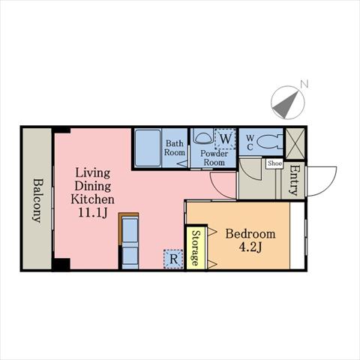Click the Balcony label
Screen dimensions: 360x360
coord(37,200)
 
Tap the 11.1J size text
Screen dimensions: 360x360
coord(93,213)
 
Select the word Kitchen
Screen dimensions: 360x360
coord(92,199)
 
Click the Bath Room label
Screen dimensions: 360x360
coord(175,148)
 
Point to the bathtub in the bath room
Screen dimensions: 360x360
coord(148,148)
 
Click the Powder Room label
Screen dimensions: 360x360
coord(214,157)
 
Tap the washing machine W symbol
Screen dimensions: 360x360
coord(225,139)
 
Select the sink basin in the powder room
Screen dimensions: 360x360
coord(202,137)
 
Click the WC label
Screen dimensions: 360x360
coord(250,142)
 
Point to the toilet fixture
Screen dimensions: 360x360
coord(269,142)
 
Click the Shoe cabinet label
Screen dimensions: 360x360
coord(274,163)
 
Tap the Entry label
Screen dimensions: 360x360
coord(294,180)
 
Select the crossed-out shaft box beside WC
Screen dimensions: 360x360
coord(295,143)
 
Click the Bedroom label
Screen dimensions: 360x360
coord(250,234)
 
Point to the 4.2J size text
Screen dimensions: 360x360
coord(250,247)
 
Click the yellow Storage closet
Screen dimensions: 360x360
coord(196,247)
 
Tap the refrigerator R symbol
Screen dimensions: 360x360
coord(173,259)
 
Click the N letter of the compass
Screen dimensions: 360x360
coord(304,84)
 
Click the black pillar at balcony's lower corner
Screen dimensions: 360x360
coord(61,265)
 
